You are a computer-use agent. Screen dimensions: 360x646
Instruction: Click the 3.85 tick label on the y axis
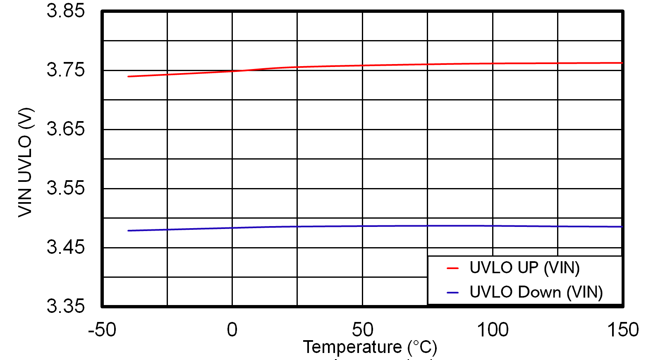65,11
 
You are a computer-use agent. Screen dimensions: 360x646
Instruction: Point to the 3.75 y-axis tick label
65,70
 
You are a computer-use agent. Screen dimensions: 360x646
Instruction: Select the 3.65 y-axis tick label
65,129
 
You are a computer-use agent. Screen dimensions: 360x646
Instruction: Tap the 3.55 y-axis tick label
65,188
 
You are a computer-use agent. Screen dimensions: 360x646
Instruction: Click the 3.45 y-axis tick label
65,247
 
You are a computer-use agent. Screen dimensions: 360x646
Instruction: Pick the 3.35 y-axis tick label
65,306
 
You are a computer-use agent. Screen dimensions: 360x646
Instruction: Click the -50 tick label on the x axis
102,330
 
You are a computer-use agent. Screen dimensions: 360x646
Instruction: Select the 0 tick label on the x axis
232,330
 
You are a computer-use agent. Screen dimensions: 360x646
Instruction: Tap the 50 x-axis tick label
362,330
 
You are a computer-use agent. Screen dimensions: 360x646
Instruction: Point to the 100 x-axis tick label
493,330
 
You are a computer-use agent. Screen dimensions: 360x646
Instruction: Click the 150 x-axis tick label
622,330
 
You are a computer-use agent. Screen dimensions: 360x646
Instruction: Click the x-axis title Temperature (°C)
370,347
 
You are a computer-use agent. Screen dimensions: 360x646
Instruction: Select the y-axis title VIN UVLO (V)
25,162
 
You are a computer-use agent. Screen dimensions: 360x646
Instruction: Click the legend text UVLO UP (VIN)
524,268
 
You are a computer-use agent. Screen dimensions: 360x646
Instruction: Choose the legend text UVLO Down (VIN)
536,292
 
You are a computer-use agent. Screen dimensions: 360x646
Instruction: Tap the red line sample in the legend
453,268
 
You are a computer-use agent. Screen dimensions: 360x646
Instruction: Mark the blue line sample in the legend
453,293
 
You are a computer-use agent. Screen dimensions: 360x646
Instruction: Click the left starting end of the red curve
129,76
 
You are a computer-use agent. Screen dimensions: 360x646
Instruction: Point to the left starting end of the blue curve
129,231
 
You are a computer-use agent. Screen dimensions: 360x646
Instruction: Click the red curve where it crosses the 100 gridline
493,64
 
